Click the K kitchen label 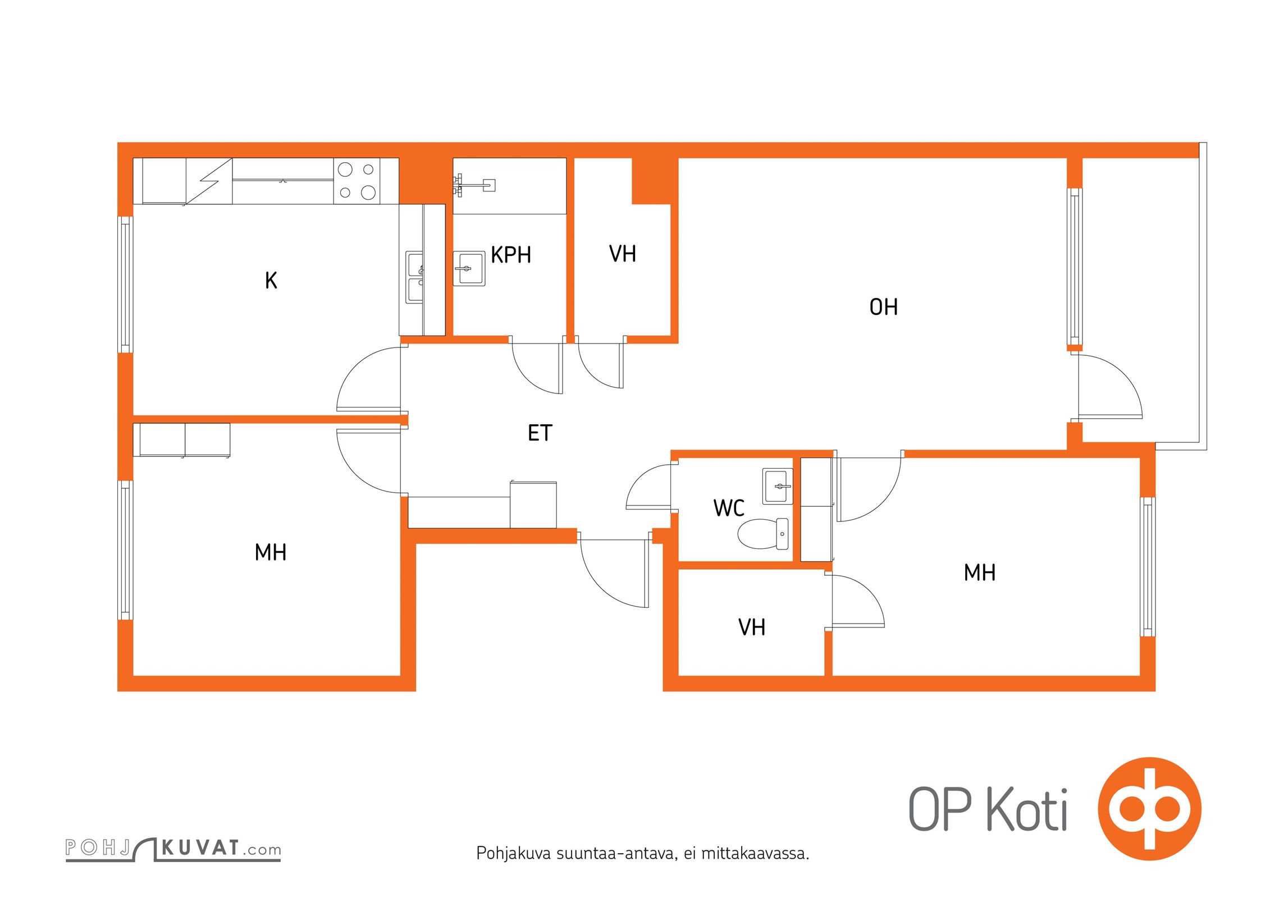pos(271,280)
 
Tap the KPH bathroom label pos(510,255)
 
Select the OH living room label pos(883,307)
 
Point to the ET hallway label pos(540,433)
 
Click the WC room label pos(729,508)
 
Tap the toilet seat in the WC pos(762,533)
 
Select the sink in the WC pos(778,486)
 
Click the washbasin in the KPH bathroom pos(469,268)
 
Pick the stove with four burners pos(357,181)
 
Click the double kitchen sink pos(415,277)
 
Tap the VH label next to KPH pos(622,254)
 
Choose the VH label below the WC pos(751,627)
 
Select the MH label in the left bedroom pos(270,552)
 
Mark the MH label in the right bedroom pos(979,572)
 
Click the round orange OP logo pos(1149,809)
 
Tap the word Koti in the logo pos(1027,809)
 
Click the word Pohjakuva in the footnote pos(514,854)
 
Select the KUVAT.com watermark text pos(221,849)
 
